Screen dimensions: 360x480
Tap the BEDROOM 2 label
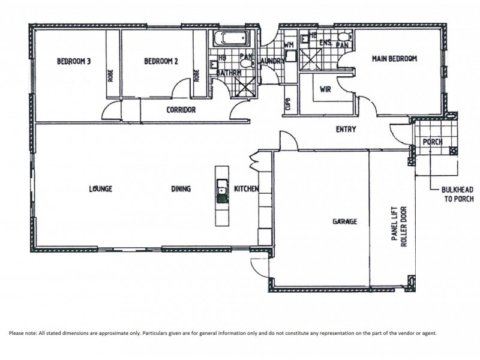pyautogui.click(x=161, y=60)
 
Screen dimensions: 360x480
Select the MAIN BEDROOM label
pyautogui.click(x=394, y=58)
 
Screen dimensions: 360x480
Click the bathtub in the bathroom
pyautogui.click(x=231, y=40)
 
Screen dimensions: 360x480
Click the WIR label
pyautogui.click(x=326, y=89)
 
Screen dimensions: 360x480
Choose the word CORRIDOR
pyautogui.click(x=181, y=110)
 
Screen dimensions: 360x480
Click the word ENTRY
pyautogui.click(x=346, y=128)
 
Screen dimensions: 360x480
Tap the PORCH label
pyautogui.click(x=433, y=142)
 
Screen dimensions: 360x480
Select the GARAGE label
pyautogui.click(x=344, y=221)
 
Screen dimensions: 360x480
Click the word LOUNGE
pyautogui.click(x=100, y=188)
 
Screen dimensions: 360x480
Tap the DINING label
pyautogui.click(x=181, y=188)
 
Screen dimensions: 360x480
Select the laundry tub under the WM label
pyautogui.click(x=290, y=56)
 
